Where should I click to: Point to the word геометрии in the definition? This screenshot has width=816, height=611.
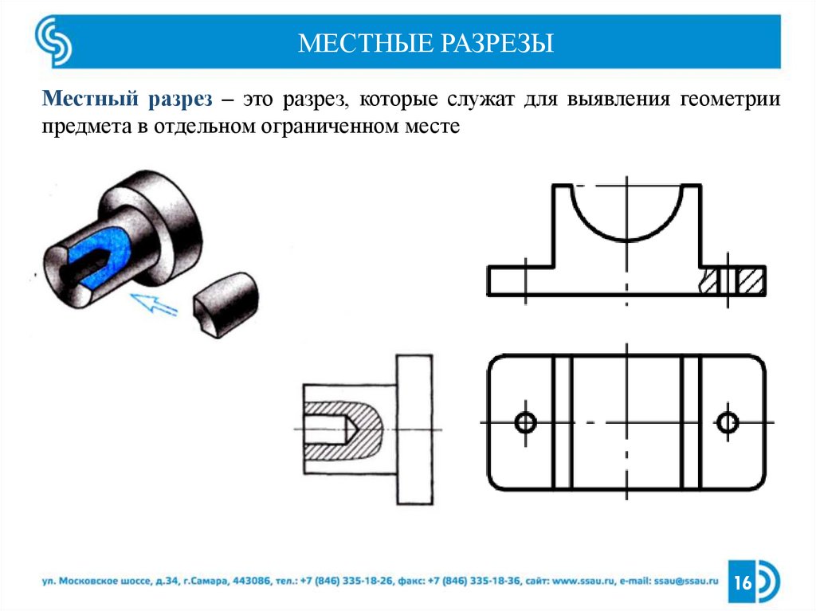click(730, 100)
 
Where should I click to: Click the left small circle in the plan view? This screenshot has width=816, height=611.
click(525, 421)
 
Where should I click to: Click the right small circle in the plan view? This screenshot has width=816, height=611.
click(728, 421)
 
